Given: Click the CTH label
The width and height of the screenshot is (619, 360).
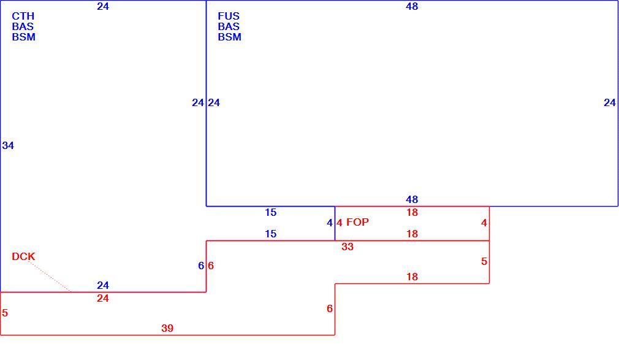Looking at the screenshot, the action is tap(23, 16).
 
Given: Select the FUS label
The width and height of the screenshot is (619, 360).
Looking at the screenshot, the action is tap(229, 16).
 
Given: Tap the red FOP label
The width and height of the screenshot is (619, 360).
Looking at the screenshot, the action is tap(357, 222).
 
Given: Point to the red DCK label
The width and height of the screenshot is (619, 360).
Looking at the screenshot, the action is tap(23, 256).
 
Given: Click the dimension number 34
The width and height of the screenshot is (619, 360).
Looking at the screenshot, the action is tap(8, 145).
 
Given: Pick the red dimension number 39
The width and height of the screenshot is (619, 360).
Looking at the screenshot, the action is tap(167, 328).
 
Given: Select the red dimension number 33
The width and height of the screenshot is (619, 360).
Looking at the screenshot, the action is tap(347, 247).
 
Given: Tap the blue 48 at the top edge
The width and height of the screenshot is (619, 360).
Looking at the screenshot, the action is tap(412, 6).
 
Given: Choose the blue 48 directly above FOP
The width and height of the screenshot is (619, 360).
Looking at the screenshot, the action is tap(412, 199).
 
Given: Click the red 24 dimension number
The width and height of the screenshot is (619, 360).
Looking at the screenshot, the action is tap(102, 298).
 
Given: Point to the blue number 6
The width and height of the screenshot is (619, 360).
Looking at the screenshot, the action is tap(201, 266).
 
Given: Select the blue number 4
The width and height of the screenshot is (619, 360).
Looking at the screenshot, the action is tap(330, 223).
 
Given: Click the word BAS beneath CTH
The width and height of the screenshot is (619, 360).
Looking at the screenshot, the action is tap(23, 26).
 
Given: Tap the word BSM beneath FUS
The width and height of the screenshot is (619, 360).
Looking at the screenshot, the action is tap(229, 37).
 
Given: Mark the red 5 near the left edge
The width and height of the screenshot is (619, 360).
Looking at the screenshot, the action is tap(5, 313).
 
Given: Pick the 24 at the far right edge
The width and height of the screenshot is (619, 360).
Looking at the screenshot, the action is tap(610, 103).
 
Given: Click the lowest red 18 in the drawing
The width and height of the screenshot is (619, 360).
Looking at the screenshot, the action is tap(412, 277).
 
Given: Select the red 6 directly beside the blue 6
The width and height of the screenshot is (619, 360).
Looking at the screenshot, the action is tap(211, 266).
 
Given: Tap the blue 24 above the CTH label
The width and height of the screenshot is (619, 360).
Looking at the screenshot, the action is tap(102, 6).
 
